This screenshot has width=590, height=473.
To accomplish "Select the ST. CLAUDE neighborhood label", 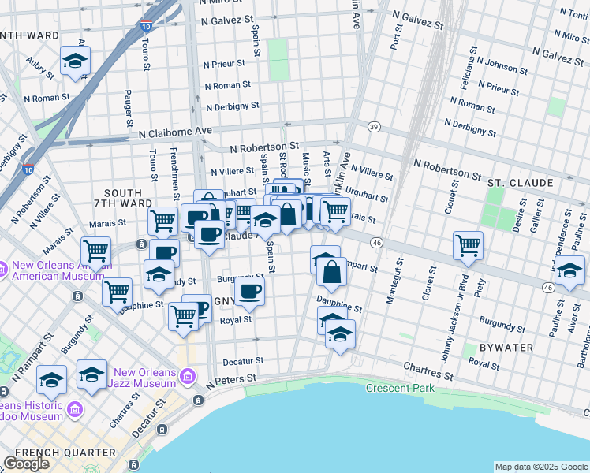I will point(520,183).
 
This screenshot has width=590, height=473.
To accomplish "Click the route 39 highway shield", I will point(374,127).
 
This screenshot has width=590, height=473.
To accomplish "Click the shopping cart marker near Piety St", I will point(468,244).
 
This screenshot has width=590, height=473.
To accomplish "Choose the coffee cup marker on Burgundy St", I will point(251,291).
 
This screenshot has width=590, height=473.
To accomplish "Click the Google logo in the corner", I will point(26,464).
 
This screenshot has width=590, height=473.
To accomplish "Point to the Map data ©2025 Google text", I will point(541,467).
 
